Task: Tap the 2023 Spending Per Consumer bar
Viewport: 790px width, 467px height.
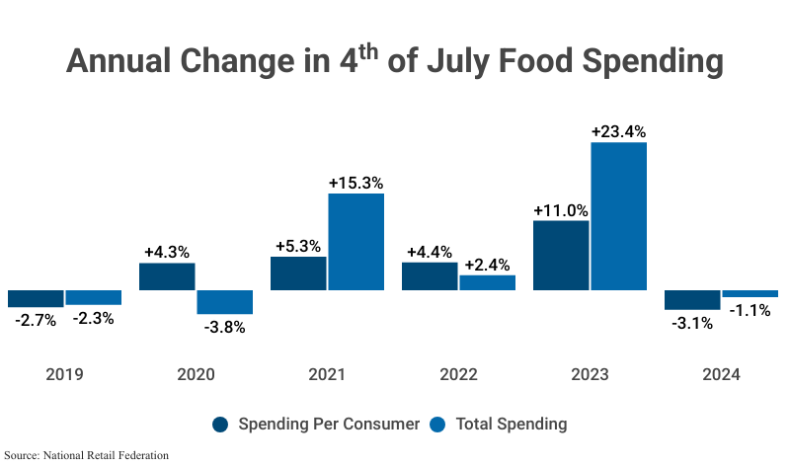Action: click(x=561, y=255)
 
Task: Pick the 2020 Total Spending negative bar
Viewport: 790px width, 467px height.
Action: click(x=225, y=302)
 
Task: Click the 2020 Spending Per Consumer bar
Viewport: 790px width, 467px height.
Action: click(x=167, y=276)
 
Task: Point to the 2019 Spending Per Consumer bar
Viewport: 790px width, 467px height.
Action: click(x=35, y=298)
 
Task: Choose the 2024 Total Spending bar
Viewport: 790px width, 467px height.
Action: click(x=750, y=293)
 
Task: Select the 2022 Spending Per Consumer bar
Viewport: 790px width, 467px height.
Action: click(x=430, y=276)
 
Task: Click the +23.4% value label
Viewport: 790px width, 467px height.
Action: click(x=618, y=130)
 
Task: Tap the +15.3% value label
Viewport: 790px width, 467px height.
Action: click(x=355, y=183)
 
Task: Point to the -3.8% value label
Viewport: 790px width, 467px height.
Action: click(x=225, y=328)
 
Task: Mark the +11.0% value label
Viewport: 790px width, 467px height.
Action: click(x=561, y=209)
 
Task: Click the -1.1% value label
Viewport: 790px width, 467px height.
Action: click(x=750, y=311)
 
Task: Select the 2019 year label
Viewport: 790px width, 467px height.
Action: click(x=64, y=375)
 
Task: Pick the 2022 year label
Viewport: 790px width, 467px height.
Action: click(x=458, y=375)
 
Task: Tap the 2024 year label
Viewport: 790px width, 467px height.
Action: click(x=721, y=375)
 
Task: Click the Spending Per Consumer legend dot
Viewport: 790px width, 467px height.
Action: click(x=221, y=425)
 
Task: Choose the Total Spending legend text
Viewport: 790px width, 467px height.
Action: click(x=511, y=425)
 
